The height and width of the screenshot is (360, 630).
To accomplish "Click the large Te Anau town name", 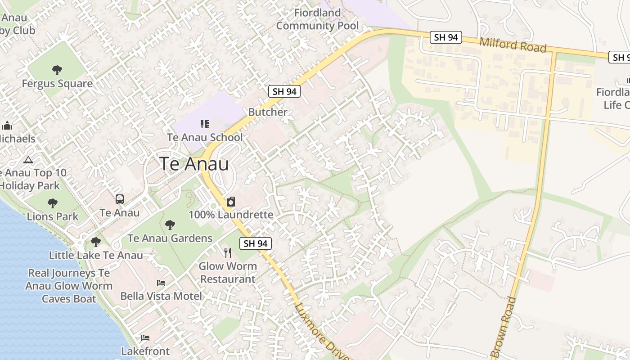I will tap(194, 164).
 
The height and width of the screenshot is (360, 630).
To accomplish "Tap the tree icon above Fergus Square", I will tap(57, 70).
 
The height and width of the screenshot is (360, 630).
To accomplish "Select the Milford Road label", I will tap(513, 45).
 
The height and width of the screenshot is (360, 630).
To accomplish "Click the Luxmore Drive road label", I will tap(321, 332).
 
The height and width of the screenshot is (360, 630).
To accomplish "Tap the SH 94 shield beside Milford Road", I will tap(446, 37).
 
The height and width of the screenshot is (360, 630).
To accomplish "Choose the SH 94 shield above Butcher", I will tap(284, 91).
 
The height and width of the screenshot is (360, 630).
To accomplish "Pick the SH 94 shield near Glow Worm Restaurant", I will tap(256, 243).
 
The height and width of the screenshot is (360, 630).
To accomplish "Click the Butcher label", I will tap(268, 112).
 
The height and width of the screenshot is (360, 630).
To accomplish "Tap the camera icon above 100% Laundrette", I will tap(231, 202).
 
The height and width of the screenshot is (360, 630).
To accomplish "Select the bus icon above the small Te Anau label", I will tap(120, 199).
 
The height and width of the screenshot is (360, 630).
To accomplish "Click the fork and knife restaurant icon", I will tap(228, 253).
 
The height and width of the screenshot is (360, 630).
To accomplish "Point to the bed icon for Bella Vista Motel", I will tap(161, 283).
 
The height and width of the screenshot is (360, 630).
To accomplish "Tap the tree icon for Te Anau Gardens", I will tap(170, 225).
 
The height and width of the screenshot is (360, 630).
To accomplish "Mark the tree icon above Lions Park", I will tap(53, 203).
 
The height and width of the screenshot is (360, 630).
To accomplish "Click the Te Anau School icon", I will tap(205, 124).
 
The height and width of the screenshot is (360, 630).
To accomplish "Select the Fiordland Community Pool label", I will tap(317, 19).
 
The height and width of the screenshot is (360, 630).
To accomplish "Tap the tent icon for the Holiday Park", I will tap(28, 159).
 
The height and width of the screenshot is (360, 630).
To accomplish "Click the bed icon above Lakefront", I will tap(145, 338).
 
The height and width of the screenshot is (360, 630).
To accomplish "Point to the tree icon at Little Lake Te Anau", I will tap(96, 242).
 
